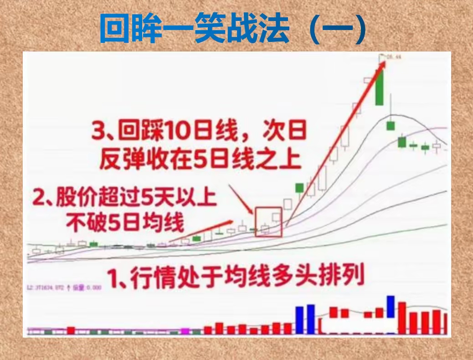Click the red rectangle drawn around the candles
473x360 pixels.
pyautogui.click(x=269, y=222)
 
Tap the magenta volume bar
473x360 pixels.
pyautogui.click(x=185, y=331)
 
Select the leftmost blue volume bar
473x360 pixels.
pyautogui.click(x=299, y=320)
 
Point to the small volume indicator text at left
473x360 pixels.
pyautogui.click(x=64, y=287)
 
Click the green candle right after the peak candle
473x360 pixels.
pyautogui.click(x=391, y=125)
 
